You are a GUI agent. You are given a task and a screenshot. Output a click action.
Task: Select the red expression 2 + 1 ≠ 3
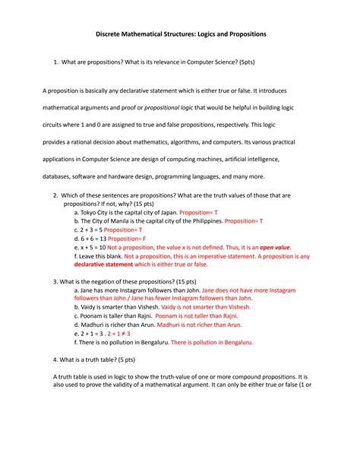119,333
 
